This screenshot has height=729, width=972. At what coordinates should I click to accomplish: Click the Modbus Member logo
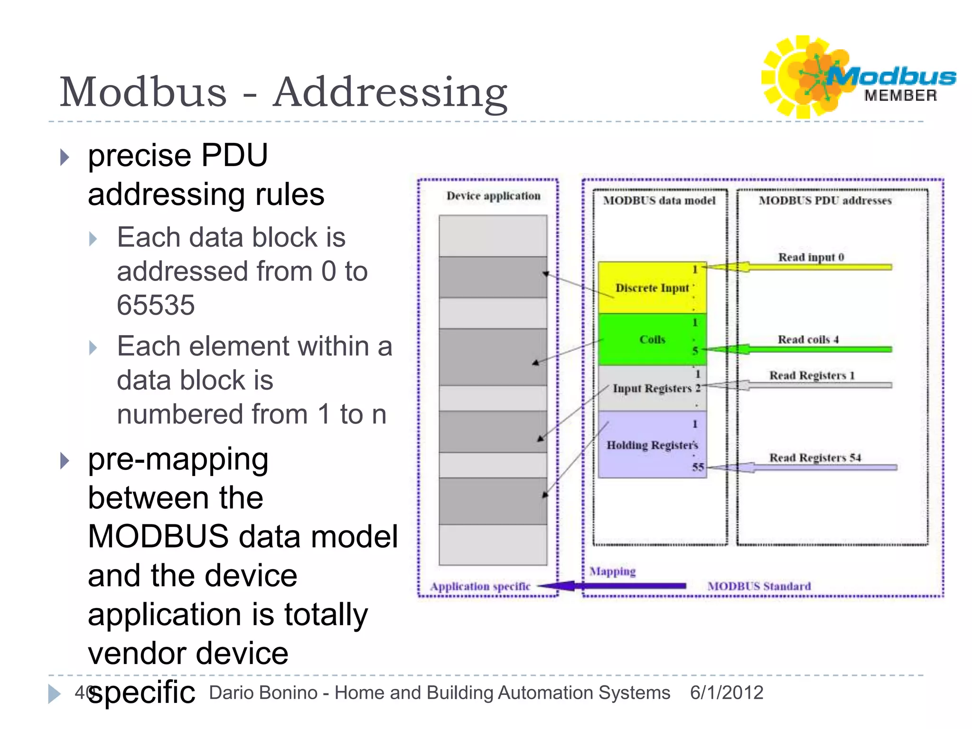[858, 77]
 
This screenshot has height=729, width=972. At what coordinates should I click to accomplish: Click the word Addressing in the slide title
[390, 93]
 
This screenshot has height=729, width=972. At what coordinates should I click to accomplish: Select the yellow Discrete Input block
[652, 288]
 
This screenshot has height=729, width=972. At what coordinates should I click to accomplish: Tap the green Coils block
[652, 339]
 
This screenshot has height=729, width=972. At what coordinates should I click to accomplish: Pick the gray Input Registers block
[652, 388]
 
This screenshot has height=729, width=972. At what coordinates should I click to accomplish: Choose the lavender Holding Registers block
[652, 444]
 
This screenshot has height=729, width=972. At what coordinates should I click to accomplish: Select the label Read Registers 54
[815, 458]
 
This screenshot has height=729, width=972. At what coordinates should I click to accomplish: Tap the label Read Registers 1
[812, 375]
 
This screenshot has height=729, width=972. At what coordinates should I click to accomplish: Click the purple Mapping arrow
[611, 586]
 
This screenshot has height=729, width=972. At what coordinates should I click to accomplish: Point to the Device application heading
[493, 196]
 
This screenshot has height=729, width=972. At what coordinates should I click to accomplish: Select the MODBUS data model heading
[659, 200]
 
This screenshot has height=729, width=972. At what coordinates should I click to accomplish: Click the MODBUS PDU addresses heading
[825, 200]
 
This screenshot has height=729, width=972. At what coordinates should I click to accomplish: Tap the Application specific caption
[480, 587]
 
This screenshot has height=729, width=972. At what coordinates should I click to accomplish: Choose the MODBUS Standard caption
[759, 586]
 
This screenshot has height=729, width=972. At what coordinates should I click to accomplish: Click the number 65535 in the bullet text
[156, 305]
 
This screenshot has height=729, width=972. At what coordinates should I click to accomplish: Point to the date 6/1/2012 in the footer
[727, 692]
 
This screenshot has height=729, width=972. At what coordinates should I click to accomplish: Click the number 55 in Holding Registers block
[698, 467]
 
